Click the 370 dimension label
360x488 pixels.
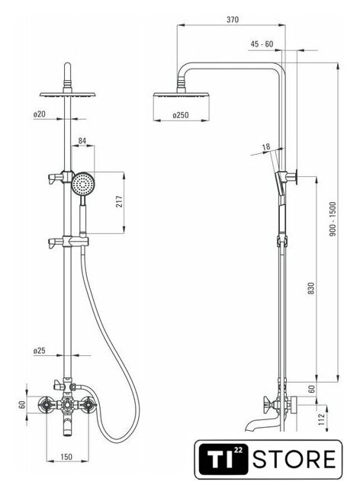click(x=233, y=20)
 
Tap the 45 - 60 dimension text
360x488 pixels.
click(x=262, y=44)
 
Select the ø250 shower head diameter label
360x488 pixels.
click(x=181, y=115)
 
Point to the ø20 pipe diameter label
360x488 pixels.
click(x=39, y=114)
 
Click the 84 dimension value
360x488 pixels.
click(x=82, y=140)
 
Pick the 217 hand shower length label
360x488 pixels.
click(x=120, y=201)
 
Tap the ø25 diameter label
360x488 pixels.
click(x=39, y=351)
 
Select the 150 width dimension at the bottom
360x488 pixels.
click(x=66, y=457)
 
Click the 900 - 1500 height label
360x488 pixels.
click(x=333, y=219)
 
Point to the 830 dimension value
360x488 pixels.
click(x=311, y=288)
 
